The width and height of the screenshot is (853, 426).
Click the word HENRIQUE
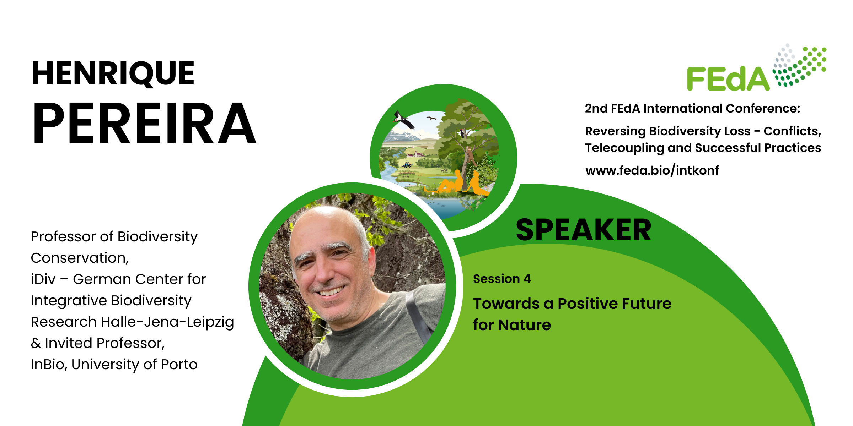click(x=113, y=73)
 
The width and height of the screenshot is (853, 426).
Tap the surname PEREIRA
click(x=144, y=123)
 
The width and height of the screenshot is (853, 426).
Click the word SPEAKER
click(x=584, y=230)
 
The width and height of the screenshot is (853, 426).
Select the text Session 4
click(x=502, y=279)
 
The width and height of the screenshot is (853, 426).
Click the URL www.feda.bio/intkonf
click(x=652, y=171)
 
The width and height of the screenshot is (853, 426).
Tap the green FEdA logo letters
click(x=728, y=79)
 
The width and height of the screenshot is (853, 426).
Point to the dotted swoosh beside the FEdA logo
click(x=800, y=65)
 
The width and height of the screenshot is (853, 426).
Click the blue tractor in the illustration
click(x=407, y=165)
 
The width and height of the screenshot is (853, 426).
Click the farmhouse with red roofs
click(x=416, y=154)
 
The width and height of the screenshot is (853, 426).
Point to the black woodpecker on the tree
click(x=462, y=133)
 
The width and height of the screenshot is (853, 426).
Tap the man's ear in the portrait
click(x=371, y=263)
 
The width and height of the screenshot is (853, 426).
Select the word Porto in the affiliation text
click(x=179, y=365)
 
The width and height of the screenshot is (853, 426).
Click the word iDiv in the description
click(x=43, y=279)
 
